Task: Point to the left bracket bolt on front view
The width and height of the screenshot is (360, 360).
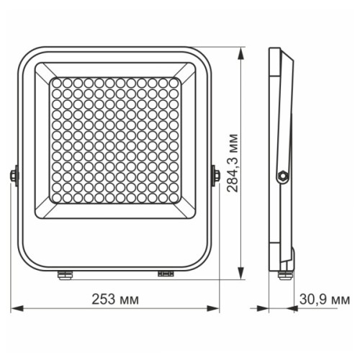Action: pyautogui.click(x=14, y=174)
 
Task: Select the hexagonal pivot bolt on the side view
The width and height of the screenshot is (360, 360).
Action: pyautogui.click(x=283, y=174)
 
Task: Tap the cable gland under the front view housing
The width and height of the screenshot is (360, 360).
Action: pyautogui.click(x=63, y=273)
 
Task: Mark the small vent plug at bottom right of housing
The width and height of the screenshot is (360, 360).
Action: pyautogui.click(x=165, y=273)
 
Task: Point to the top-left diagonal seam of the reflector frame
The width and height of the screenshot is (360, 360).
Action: pyautogui.click(x=43, y=71)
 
